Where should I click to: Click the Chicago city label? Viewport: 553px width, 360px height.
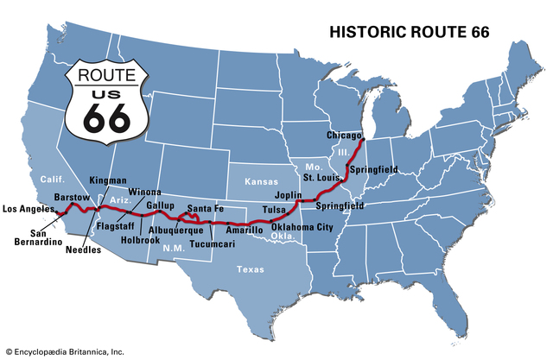(x=343, y=136)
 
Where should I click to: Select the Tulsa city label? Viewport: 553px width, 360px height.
(x=274, y=209)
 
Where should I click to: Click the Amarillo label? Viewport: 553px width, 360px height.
(x=245, y=231)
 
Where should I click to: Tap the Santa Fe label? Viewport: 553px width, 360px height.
(x=206, y=208)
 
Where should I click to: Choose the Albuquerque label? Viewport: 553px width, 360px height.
(x=176, y=231)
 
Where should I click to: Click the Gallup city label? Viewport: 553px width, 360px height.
(x=161, y=205)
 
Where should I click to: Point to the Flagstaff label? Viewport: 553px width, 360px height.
(x=114, y=225)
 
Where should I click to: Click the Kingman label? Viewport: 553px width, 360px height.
(x=108, y=180)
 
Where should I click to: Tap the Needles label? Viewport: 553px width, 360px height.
(x=83, y=250)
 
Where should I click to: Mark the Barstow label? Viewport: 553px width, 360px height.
(x=72, y=198)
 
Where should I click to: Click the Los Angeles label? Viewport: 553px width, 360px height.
(x=29, y=208)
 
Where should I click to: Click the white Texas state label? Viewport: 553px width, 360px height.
(x=251, y=269)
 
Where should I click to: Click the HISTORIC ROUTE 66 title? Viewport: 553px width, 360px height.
(x=410, y=32)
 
